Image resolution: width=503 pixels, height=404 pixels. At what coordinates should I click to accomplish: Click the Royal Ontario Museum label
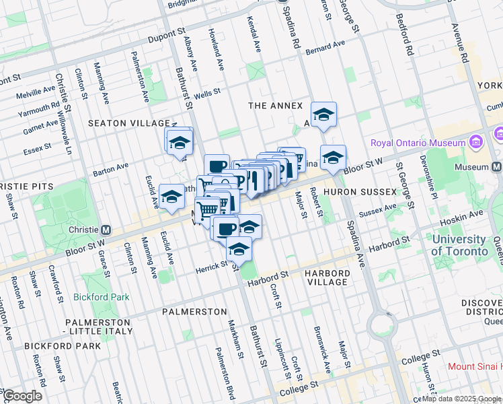pos(418,143)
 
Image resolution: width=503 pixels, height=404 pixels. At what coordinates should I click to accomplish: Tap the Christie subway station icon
pos(106,230)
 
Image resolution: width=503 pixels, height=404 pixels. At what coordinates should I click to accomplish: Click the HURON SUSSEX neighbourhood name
pos(360,192)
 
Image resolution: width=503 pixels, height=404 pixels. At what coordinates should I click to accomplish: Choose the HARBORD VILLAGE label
pos(326,277)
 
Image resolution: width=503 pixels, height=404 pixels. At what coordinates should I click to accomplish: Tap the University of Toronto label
pos(460,245)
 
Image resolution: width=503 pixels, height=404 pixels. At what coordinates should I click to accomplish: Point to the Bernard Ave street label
pos(324,48)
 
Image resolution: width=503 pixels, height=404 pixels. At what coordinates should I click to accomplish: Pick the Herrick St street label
pos(213,266)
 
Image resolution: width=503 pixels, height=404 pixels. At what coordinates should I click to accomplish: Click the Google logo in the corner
pos(22,396)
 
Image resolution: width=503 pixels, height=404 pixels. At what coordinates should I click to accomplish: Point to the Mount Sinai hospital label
pos(475,367)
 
